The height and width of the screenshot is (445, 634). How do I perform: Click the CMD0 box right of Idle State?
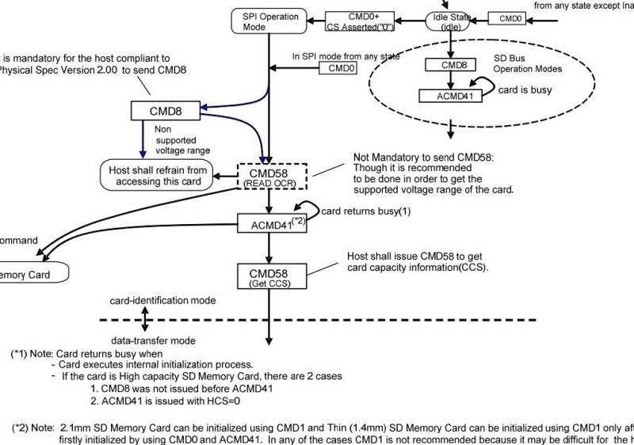509,17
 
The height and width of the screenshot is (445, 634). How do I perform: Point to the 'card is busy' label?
525,90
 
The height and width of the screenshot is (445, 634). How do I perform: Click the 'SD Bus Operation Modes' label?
528,64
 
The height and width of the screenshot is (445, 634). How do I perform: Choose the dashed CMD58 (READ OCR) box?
271,177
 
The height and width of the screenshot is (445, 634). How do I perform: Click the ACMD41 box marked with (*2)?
270,224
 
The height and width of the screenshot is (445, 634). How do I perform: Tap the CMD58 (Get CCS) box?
271,276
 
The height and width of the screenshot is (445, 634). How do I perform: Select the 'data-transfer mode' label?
154,339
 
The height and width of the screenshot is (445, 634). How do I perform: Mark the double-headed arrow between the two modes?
145,320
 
